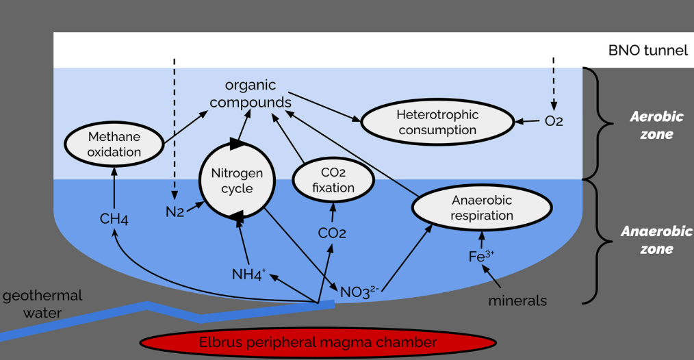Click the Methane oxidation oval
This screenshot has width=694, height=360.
click(x=114, y=144)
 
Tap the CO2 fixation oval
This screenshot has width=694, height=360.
click(x=333, y=180)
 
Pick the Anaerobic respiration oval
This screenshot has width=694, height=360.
click(x=482, y=207)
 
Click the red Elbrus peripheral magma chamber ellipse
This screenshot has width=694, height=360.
click(x=317, y=342)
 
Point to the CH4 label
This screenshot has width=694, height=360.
click(x=114, y=220)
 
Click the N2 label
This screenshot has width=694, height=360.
click(x=175, y=212)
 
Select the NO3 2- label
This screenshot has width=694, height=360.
click(x=359, y=292)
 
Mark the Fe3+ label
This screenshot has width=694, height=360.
click(x=481, y=257)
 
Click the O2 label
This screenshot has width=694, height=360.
click(x=554, y=122)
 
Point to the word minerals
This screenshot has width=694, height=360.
click(x=517, y=300)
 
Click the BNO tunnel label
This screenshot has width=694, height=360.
click(x=647, y=51)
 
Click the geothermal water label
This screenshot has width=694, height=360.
click(x=42, y=304)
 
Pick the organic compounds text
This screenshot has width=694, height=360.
click(x=250, y=94)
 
